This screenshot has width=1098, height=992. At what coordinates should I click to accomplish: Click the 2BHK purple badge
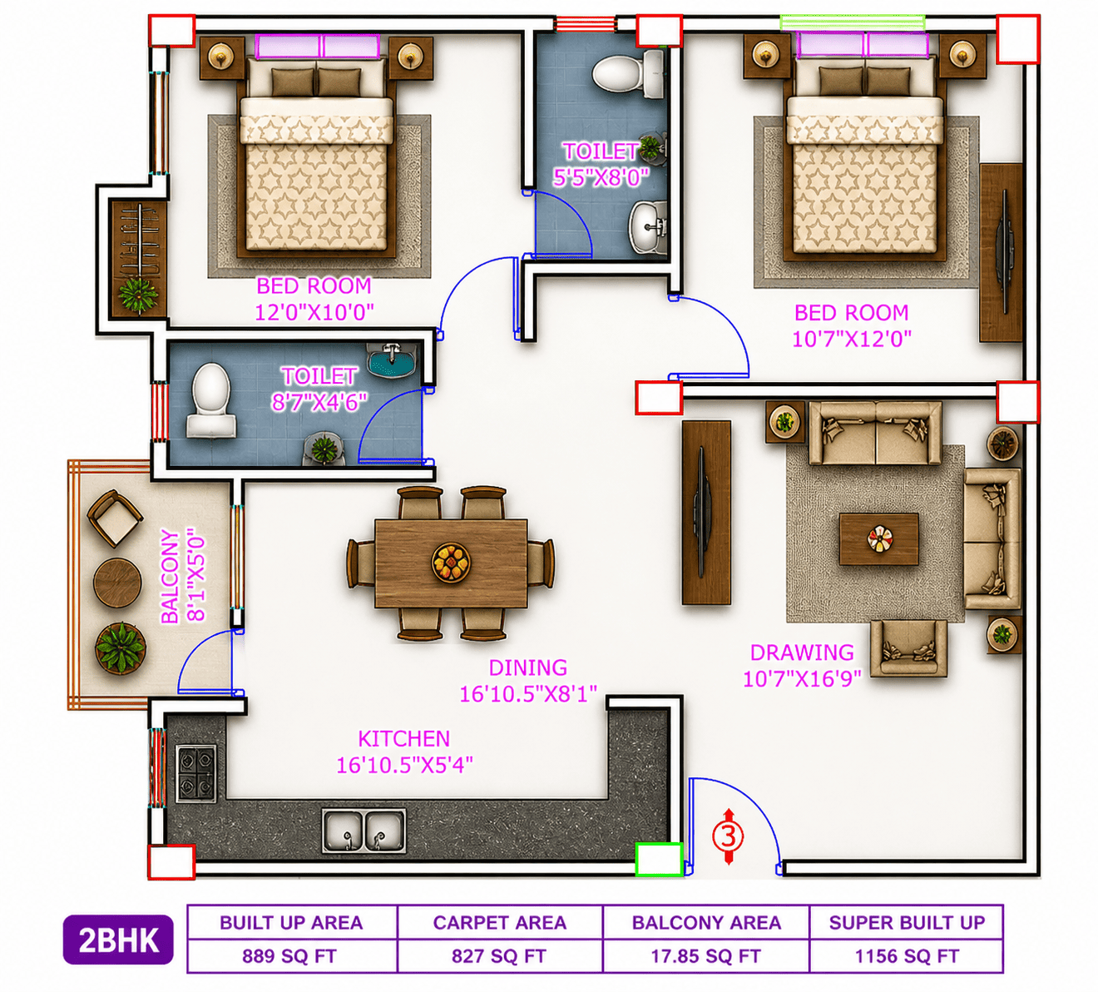118,940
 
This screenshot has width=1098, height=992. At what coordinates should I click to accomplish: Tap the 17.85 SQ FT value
705,956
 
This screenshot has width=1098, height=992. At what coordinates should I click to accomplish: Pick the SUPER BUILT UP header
907,922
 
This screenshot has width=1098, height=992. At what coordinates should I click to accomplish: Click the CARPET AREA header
499,922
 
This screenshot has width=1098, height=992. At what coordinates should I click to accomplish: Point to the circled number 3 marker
728,836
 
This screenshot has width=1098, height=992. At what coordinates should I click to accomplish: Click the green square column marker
659,859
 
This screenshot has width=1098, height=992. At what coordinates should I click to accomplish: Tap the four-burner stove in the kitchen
196,774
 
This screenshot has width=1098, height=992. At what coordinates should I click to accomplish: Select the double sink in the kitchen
364,831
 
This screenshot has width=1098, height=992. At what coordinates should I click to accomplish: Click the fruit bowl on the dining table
451,562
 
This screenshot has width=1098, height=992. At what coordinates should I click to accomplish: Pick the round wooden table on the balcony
117,583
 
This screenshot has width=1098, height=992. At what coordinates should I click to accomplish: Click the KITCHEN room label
404,739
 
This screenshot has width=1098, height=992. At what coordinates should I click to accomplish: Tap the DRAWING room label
802,652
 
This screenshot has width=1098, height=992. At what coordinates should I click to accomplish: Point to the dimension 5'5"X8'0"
601,177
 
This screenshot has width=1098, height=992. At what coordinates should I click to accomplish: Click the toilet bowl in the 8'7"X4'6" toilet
210,400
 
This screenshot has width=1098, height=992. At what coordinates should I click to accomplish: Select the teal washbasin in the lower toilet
391,360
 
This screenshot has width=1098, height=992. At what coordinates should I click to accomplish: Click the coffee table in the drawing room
878,539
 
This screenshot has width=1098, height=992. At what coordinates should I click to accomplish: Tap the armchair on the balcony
115,518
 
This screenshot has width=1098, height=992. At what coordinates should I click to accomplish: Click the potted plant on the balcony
121,648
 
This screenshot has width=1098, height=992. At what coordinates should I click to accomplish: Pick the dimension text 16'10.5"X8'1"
527,694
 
